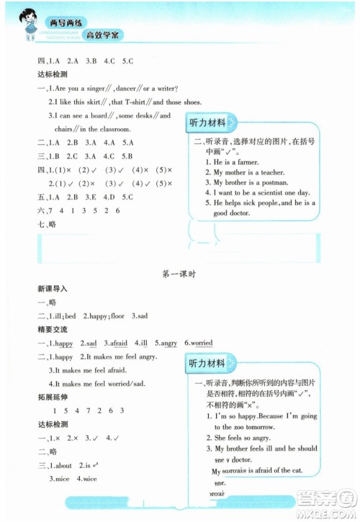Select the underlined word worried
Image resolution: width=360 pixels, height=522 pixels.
pos(201,343)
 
